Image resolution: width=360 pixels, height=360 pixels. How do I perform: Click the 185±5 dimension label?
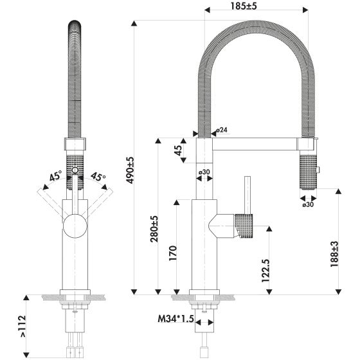coord(244,6)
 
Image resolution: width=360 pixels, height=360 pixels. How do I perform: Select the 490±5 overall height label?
coord(130,170)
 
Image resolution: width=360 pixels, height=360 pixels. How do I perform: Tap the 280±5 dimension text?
coord(154,229)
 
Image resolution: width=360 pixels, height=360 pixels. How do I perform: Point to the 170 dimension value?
coord(173,253)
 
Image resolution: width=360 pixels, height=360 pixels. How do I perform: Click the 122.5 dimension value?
coord(265,271)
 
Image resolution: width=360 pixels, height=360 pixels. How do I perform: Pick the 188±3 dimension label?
coord(334,254)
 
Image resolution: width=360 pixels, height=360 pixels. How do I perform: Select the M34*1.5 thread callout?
coord(176,319)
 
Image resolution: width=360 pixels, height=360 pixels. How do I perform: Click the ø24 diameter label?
coord(222,130)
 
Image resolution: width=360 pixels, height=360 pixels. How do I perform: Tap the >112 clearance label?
coord(23,327)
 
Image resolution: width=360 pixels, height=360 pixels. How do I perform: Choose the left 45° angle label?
coord(55,175)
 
